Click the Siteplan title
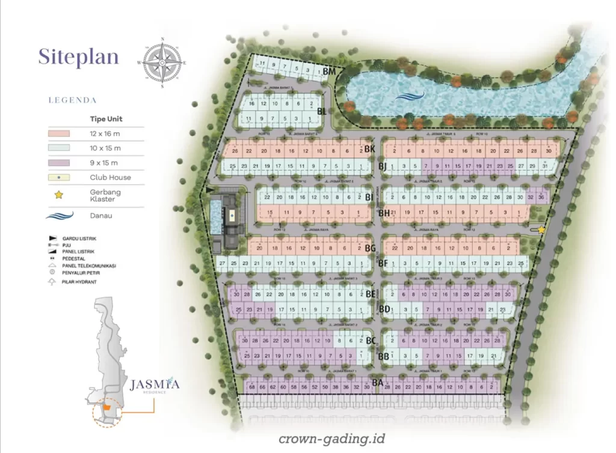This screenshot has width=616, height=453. tap(78, 56)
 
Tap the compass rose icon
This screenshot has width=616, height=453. tap(162, 62)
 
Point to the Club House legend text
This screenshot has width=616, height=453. tap(110, 178)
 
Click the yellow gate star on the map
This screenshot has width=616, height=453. tap(541, 230)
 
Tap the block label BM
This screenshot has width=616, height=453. tap(329, 72)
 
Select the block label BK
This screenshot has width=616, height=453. tap(369, 149)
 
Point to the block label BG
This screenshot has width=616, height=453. tap(370, 249)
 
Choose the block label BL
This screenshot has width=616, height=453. tap(322, 111)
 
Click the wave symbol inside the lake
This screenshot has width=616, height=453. tap(410, 96)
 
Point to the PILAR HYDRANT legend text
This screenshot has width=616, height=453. tap(79, 282)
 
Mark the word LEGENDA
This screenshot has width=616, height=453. tap(72, 100)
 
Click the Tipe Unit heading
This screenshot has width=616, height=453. tap(106, 119)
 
